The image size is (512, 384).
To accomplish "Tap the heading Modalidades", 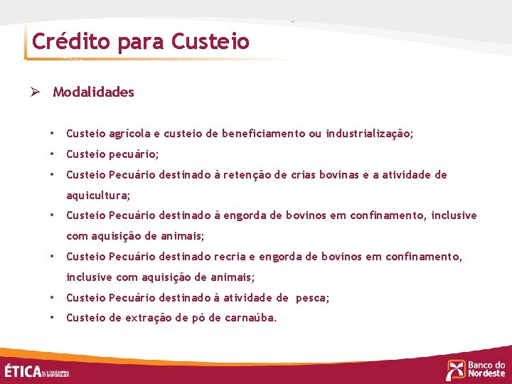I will pyautogui.click(x=93, y=92).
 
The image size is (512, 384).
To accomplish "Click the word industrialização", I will pyautogui.click(x=369, y=134).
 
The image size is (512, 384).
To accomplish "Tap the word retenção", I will pyautogui.click(x=242, y=175).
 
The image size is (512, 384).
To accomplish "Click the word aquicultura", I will pyautogui.click(x=97, y=195).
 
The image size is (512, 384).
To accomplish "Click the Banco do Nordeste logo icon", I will pyautogui.click(x=455, y=370).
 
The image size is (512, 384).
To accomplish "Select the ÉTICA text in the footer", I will pyautogui.click(x=23, y=370).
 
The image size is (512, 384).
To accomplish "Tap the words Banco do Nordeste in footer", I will pyautogui.click(x=486, y=369).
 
